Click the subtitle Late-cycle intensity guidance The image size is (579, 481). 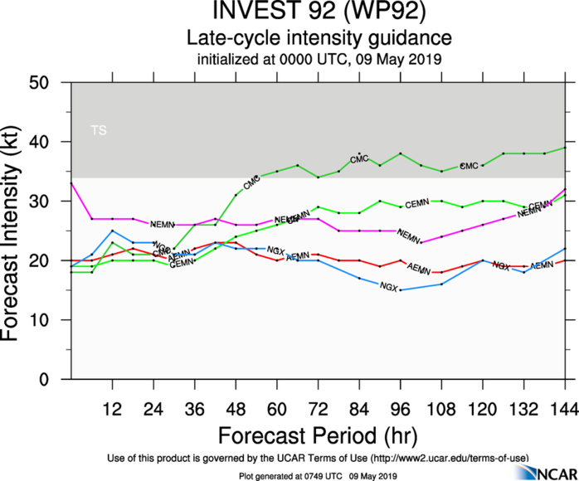pyautogui.click(x=319, y=39)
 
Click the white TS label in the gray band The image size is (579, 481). pyautogui.click(x=99, y=130)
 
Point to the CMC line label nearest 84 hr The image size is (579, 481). pyautogui.click(x=359, y=158)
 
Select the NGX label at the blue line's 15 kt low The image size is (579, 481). pyautogui.click(x=388, y=286)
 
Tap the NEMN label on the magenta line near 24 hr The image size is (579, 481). pyautogui.click(x=161, y=224)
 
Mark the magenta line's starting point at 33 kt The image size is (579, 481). pyautogui.click(x=71, y=183)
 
